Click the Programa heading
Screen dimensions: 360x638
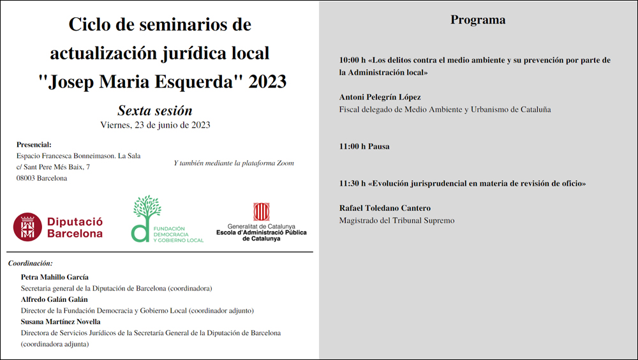tap(478, 20)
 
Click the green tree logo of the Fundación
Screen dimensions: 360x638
tap(146, 211)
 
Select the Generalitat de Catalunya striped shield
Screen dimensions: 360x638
tap(261, 212)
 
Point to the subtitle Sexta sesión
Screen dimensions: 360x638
tap(155, 110)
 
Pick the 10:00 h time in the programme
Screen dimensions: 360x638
tap(352, 61)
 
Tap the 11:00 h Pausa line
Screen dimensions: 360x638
tap(364, 146)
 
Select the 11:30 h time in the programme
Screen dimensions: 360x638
tap(352, 183)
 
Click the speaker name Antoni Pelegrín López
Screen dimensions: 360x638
tap(380, 97)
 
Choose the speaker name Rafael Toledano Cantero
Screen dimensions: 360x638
tap(385, 208)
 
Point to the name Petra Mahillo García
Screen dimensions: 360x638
tap(54, 277)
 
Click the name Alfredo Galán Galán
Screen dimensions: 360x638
tap(54, 299)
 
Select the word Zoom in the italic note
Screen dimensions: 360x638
tap(285, 163)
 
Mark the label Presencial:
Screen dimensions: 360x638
tap(34, 144)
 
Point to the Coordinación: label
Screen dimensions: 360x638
tap(30, 263)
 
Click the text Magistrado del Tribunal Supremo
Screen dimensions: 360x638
tap(397, 220)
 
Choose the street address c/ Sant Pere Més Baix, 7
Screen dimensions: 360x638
tap(53, 167)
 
